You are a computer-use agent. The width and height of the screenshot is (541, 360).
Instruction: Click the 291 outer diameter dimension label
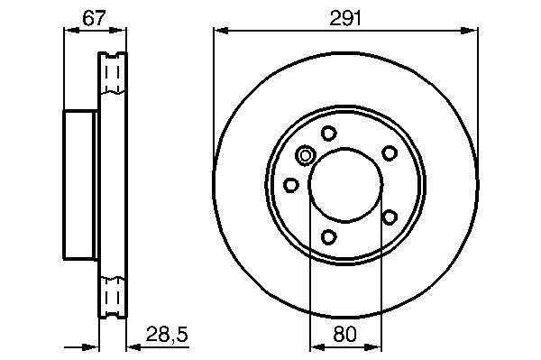point(345,18)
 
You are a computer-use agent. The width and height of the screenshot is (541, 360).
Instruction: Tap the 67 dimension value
point(94,18)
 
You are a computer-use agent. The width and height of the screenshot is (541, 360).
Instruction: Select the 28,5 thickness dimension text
point(167,334)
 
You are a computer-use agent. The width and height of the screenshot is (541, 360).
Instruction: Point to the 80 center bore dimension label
point(345,334)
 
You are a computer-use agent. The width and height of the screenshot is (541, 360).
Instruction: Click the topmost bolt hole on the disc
point(328,133)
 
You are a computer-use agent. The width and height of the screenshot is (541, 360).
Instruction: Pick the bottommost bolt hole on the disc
point(328,236)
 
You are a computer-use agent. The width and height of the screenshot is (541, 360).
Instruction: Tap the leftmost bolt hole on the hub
point(290,185)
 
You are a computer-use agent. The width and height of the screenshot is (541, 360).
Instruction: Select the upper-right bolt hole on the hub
point(390,152)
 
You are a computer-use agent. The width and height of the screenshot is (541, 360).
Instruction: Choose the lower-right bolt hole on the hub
point(390,217)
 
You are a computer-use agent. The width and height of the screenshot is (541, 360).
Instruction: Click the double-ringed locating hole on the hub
point(305,156)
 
